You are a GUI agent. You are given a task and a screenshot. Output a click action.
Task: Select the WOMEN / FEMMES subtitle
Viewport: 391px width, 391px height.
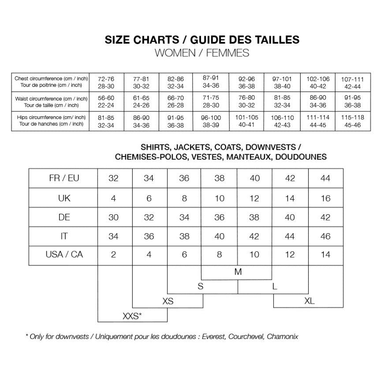(202, 53)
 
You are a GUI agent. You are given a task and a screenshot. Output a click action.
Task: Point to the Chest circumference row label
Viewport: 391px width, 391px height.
(51, 82)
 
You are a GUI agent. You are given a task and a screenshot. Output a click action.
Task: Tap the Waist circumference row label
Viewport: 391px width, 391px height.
(51, 102)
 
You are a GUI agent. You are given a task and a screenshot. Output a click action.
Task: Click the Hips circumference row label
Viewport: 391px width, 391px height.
(51, 121)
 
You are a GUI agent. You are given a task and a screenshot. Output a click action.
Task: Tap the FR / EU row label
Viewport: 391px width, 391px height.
(64, 179)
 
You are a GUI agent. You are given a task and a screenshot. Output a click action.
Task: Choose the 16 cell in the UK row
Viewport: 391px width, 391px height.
(325, 198)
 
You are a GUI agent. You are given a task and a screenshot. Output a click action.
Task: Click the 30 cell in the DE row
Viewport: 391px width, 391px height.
(114, 217)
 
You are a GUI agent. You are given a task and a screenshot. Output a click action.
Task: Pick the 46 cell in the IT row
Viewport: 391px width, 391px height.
(325, 236)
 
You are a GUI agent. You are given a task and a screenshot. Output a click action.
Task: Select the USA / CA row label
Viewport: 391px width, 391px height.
(64, 255)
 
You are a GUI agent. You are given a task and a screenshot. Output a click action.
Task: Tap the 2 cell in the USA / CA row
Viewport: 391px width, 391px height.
(114, 255)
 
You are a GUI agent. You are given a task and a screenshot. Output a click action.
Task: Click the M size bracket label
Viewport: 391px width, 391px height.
(238, 272)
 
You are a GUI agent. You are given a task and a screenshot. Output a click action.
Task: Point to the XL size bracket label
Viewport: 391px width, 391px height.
(309, 301)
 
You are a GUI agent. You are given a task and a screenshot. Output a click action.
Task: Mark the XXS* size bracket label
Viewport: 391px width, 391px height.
(132, 316)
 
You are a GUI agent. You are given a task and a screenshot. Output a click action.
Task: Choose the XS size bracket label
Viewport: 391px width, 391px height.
(168, 301)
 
